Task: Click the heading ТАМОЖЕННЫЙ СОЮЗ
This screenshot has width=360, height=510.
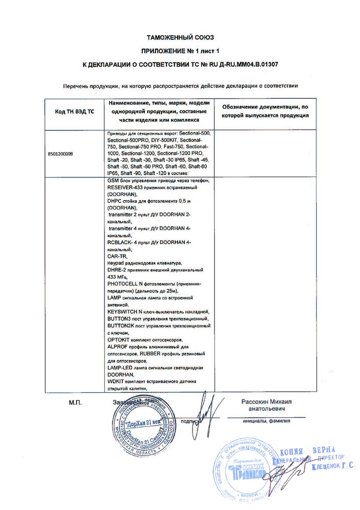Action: pyautogui.click(x=180, y=38)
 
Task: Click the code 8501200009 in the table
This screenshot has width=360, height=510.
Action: pyautogui.click(x=61, y=154)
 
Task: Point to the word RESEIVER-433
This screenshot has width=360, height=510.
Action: pyautogui.click(x=123, y=187)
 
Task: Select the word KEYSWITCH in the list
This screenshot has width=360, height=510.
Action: pyautogui.click(x=122, y=312)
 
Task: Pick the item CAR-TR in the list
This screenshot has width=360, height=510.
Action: pyautogui.click(x=116, y=257)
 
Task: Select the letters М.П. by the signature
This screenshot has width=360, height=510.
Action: pyautogui.click(x=75, y=401)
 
